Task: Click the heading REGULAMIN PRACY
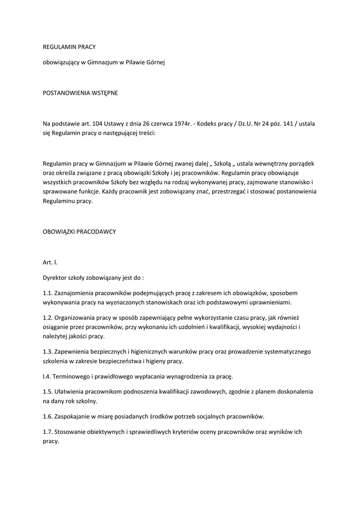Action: pyautogui.click(x=69, y=47)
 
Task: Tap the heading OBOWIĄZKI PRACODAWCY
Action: pyautogui.click(x=79, y=232)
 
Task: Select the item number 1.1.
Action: pyautogui.click(x=48, y=293)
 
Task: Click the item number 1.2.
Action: pyautogui.click(x=48, y=318)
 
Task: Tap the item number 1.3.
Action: pyautogui.click(x=48, y=352)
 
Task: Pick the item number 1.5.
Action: pyautogui.click(x=48, y=392)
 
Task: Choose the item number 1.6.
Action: pyautogui.click(x=48, y=416)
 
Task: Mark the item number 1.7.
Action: pyautogui.click(x=48, y=432)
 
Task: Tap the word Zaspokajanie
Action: pyautogui.click(x=75, y=416)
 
